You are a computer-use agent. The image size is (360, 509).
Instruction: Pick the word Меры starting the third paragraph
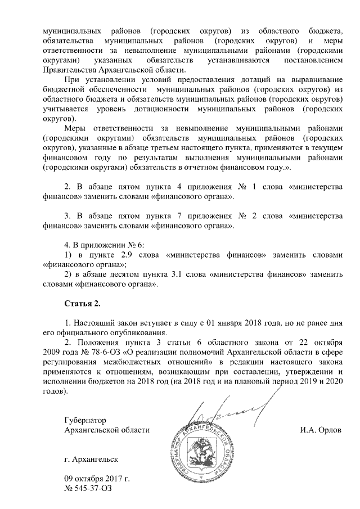click(x=76, y=129)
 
